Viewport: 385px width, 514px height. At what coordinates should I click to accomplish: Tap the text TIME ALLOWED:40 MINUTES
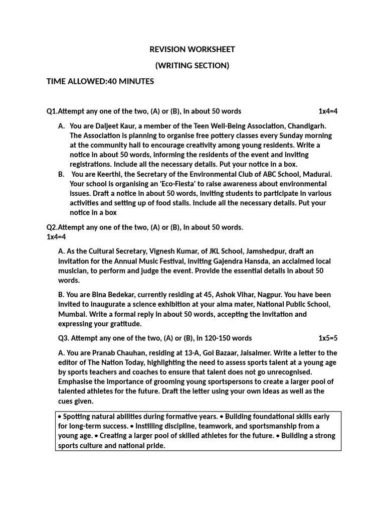(100, 81)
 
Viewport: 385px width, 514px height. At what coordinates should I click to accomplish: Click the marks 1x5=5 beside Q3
(328, 338)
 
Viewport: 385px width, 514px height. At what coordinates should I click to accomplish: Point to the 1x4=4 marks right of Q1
(328, 111)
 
